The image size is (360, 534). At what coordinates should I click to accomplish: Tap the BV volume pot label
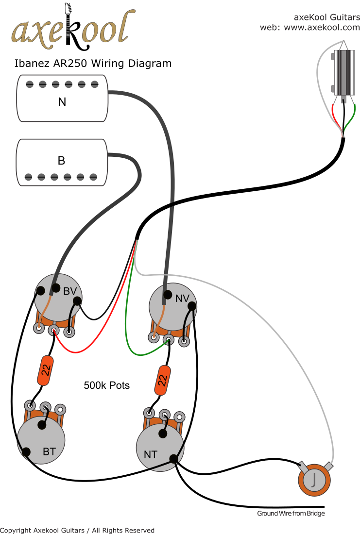click(x=70, y=291)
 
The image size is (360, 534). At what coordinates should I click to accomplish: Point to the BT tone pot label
click(x=49, y=451)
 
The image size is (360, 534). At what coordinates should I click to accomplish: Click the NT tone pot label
click(x=151, y=455)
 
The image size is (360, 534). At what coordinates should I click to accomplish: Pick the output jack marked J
click(x=314, y=479)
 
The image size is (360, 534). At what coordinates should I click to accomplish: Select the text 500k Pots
click(x=107, y=385)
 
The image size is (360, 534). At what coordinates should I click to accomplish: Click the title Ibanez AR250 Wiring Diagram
click(x=92, y=63)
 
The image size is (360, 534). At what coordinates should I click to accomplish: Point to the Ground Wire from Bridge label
click(x=291, y=513)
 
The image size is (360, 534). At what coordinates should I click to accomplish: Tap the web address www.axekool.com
click(x=322, y=27)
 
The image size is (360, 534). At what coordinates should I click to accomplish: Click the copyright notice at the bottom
click(x=77, y=530)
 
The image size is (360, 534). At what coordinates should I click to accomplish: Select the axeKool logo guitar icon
click(x=70, y=27)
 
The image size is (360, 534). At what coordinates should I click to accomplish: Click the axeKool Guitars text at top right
click(x=327, y=17)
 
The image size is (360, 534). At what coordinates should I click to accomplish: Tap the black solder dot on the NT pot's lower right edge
click(x=173, y=458)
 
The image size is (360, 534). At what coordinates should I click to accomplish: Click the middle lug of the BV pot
click(x=54, y=331)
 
